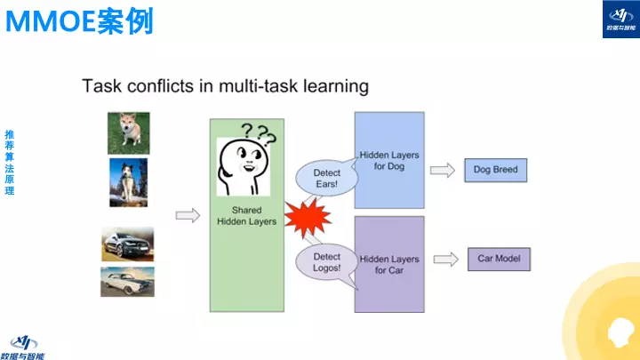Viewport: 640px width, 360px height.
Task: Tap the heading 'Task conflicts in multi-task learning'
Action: point(225,86)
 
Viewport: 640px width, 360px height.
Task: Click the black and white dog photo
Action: point(128,181)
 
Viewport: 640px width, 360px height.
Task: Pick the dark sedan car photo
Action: point(127,244)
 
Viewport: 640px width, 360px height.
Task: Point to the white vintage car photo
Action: point(127,282)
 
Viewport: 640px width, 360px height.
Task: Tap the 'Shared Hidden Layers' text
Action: point(247,216)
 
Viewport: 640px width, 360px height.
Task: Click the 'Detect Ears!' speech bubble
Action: point(326,178)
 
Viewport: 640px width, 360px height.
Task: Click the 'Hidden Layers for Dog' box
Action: point(390,160)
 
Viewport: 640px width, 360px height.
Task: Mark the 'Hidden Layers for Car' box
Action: point(390,264)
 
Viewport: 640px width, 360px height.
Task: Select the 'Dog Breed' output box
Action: point(495,169)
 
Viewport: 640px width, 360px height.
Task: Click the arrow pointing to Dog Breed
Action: point(442,169)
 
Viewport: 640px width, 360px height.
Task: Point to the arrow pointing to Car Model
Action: point(444,259)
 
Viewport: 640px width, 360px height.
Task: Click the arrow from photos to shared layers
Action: point(188,215)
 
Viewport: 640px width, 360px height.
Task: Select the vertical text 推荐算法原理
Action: point(9,164)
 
